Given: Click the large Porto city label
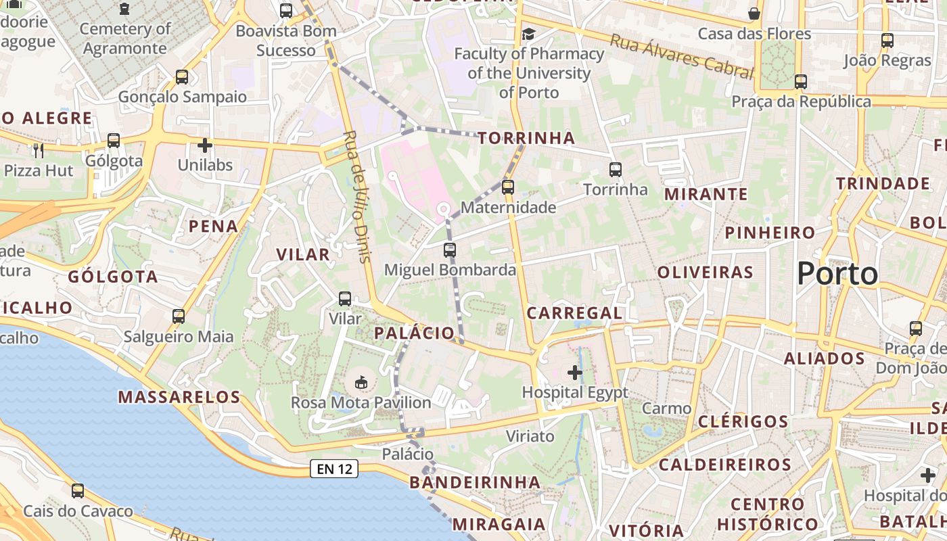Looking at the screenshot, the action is tap(837, 274).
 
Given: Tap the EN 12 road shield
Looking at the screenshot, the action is tap(334, 468).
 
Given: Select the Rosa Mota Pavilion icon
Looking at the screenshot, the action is tap(361, 383).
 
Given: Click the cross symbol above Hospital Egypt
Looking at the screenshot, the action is tap(575, 372).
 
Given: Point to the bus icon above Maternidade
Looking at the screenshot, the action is tap(508, 187).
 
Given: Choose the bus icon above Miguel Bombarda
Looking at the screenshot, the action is tap(450, 250).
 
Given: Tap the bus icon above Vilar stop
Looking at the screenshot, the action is tap(345, 298).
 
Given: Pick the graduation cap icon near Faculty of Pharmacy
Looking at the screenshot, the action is tap(528, 34).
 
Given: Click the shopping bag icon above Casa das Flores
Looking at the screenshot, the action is tap(754, 14).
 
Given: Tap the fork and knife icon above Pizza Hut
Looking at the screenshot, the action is tap(39, 149).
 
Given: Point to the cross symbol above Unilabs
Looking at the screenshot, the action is tap(205, 145).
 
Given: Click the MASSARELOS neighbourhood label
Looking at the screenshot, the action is tap(179, 397).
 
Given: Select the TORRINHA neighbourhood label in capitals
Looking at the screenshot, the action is tap(526, 139).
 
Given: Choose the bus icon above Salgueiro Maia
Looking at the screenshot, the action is tap(179, 316).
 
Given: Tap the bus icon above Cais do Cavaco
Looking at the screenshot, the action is tap(78, 491).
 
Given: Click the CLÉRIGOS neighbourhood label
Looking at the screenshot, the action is tap(743, 422).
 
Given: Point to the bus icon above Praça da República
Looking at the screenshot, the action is tap(801, 82).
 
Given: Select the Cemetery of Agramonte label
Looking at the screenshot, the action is tap(124, 39).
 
